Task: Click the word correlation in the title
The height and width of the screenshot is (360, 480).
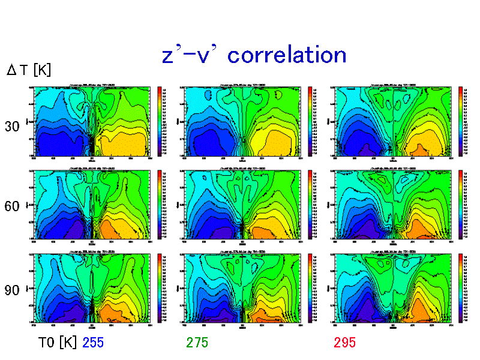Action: tap(287, 55)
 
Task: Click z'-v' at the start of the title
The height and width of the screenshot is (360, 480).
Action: tap(191, 55)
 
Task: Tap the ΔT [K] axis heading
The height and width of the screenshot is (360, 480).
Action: tap(29, 70)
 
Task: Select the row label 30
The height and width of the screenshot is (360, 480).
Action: tap(12, 127)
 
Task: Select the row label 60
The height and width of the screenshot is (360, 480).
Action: tap(12, 206)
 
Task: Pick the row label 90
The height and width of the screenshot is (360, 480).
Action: tap(12, 290)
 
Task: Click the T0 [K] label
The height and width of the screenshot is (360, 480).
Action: tap(58, 343)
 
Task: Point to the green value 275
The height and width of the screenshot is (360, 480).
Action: tap(197, 343)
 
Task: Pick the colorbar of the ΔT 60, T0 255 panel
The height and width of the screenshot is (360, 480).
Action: tap(159, 204)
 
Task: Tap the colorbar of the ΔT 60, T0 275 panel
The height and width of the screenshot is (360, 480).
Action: tap(310, 204)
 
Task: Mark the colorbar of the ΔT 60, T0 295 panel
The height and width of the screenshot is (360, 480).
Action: tap(460, 204)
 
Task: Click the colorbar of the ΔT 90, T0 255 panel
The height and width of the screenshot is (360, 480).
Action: tap(159, 288)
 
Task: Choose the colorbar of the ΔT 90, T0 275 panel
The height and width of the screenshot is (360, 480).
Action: tap(310, 288)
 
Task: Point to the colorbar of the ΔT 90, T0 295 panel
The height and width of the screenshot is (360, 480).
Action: tap(460, 288)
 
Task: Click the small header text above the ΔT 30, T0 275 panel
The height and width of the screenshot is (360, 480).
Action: tap(242, 85)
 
